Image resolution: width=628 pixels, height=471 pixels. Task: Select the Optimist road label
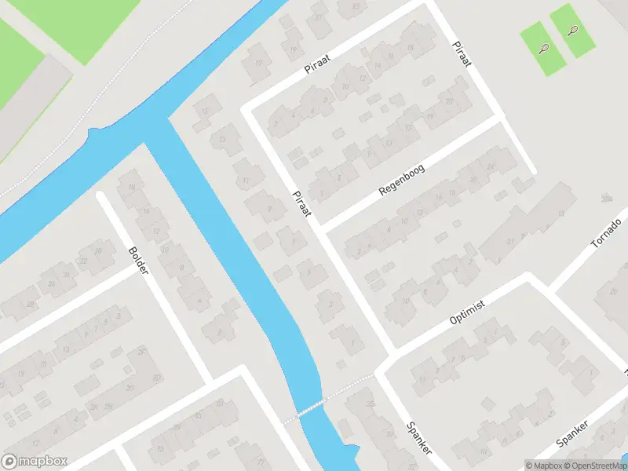(469, 312)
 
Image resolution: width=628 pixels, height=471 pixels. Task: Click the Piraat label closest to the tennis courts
(461, 53)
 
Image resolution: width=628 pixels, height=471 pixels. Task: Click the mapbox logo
(35, 462)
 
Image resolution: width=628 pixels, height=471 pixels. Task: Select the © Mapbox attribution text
(543, 466)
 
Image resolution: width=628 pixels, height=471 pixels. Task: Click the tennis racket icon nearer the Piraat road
(543, 48)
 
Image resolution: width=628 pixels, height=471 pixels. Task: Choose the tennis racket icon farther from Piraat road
(572, 32)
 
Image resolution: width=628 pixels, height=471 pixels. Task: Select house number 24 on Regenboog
(491, 167)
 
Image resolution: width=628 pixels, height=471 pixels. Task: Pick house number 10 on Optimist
(406, 301)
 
